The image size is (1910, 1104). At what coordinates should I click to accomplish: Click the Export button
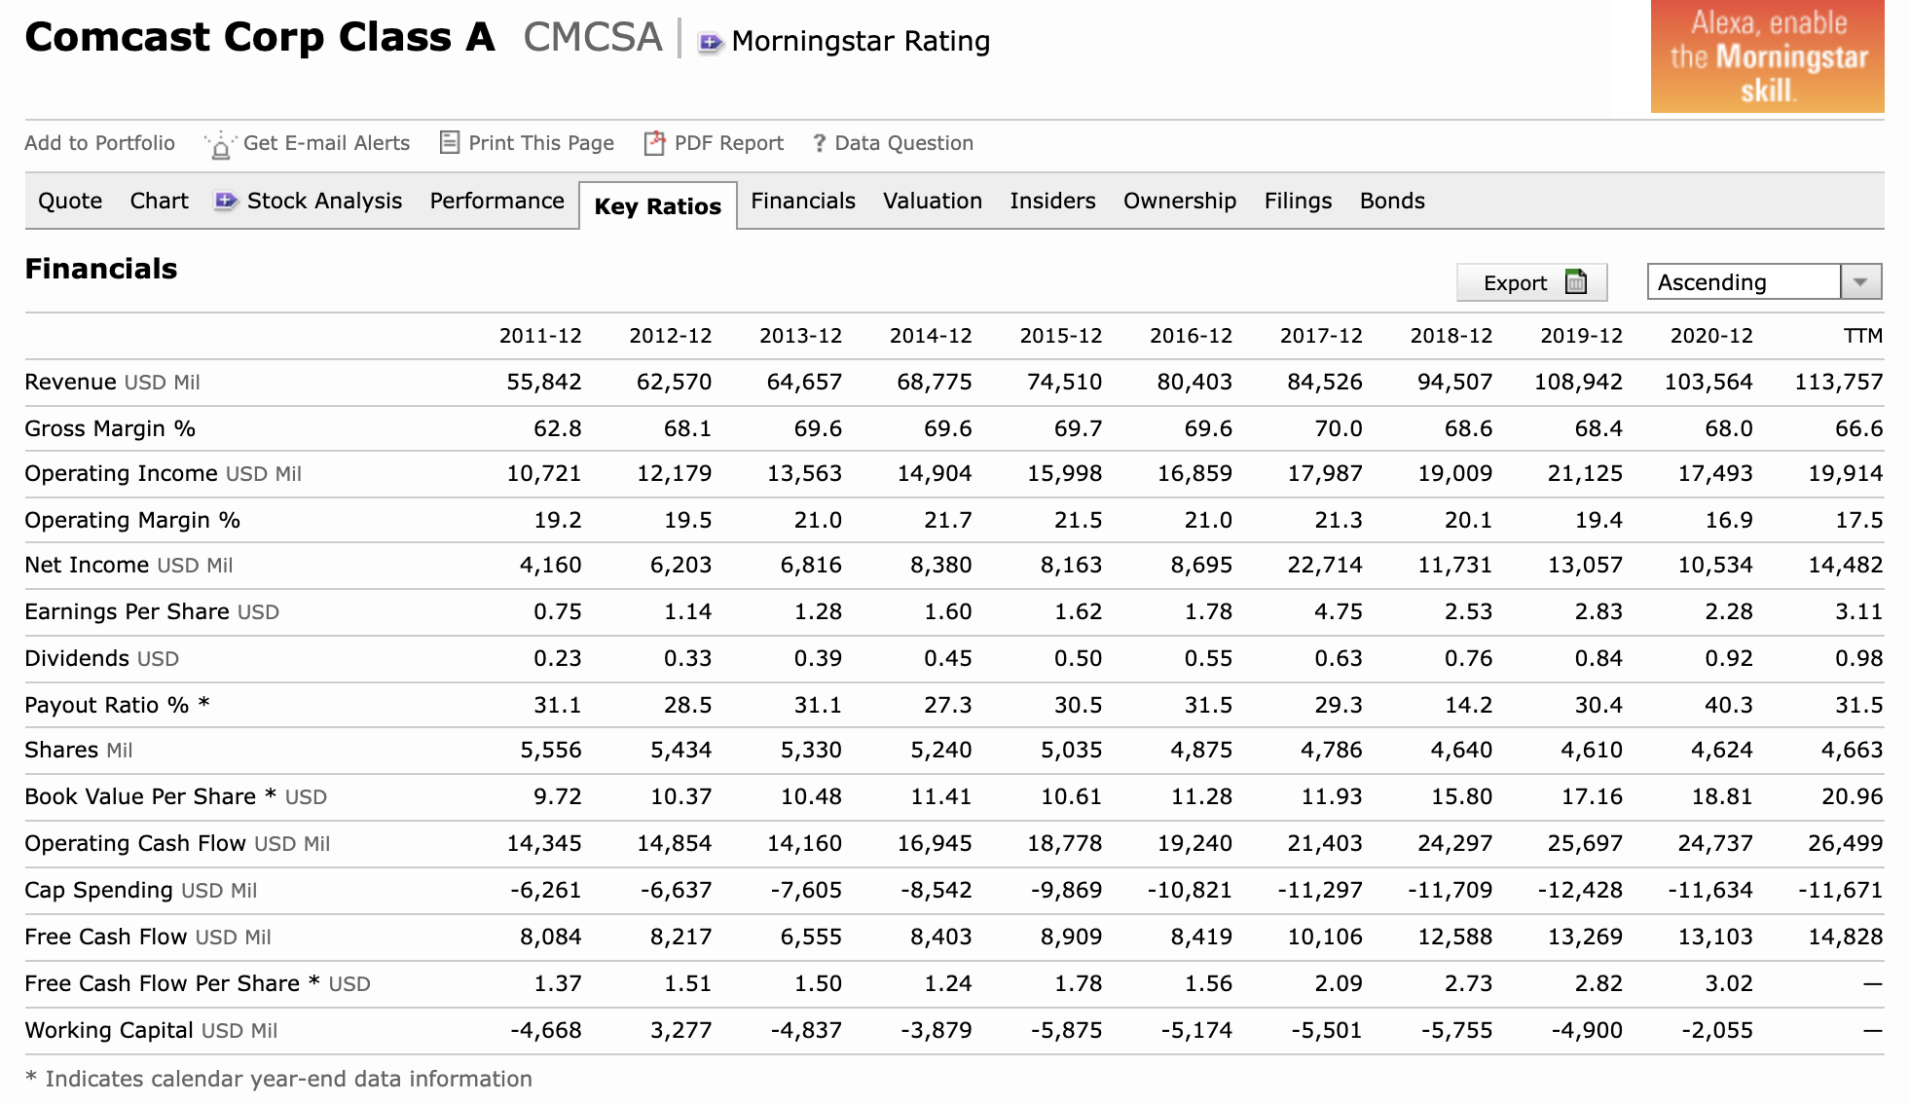pos(1531,282)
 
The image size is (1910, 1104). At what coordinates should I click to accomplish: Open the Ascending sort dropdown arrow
pos(1860,282)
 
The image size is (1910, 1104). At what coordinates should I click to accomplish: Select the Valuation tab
pos(933,201)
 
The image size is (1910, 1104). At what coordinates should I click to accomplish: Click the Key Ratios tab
pos(658,206)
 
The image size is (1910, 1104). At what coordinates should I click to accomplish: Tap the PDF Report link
pos(715,143)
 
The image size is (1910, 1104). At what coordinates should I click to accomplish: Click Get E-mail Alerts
pos(308,143)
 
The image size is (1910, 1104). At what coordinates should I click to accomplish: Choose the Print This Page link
pos(527,143)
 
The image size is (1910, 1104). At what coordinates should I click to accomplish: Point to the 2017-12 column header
pos(1321,336)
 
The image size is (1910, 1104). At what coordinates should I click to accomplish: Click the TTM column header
pos(1863,336)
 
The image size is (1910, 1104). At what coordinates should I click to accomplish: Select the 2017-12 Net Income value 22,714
pos(1325,566)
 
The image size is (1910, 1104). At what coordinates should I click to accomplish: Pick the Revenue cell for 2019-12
pos(1578,382)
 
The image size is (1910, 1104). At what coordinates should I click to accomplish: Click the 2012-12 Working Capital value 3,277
pos(680,1030)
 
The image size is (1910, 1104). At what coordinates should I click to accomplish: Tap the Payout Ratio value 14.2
pos(1468,705)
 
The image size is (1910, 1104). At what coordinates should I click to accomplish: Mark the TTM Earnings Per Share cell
pos(1858,611)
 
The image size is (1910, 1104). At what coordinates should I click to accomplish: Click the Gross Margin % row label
pos(110,428)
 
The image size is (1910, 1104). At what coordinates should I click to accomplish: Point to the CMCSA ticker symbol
pos(593,38)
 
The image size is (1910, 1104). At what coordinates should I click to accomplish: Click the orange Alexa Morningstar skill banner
pos(1767,55)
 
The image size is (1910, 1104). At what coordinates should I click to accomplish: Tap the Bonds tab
pos(1392,201)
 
